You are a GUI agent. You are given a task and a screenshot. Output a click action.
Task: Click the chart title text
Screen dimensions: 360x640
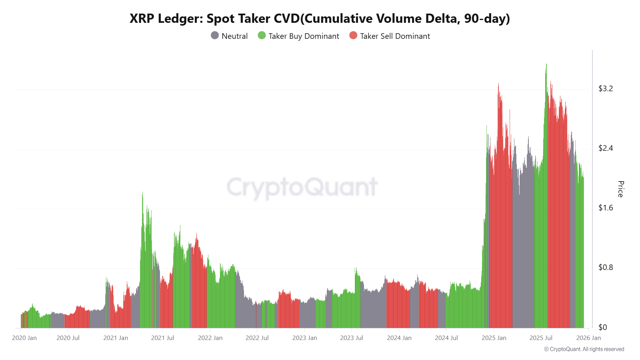click(320, 18)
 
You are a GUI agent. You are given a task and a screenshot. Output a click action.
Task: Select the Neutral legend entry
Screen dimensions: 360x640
click(229, 36)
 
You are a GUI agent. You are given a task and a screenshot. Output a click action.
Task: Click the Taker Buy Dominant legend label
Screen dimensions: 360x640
click(304, 36)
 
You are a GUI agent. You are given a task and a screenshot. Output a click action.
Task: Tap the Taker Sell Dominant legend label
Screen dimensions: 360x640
click(395, 36)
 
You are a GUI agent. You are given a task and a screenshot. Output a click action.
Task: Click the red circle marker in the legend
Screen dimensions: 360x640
click(353, 36)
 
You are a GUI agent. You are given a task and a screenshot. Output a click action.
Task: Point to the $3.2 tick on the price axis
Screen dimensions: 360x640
click(605, 89)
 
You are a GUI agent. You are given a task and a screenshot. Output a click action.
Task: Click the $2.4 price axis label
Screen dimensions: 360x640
click(605, 148)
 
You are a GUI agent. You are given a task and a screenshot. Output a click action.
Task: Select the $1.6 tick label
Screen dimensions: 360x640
click(605, 208)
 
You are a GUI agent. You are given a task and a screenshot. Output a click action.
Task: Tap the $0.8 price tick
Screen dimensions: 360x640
click(605, 268)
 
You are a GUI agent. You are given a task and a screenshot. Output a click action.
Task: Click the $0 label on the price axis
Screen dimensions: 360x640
click(602, 328)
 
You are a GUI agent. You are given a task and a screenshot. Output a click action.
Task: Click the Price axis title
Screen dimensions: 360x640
click(620, 189)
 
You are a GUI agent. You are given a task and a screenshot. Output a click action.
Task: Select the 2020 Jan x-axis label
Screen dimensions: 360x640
click(24, 338)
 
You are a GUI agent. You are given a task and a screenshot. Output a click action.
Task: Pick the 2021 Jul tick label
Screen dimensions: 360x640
click(162, 338)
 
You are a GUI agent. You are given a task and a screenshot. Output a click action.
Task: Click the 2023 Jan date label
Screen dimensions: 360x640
click(304, 338)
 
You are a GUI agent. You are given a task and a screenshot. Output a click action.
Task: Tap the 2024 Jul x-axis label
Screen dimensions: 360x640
click(446, 338)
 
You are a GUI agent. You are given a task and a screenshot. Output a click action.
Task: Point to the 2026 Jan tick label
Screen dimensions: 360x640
click(588, 338)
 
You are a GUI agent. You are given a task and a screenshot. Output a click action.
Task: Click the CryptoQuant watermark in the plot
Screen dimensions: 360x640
click(302, 187)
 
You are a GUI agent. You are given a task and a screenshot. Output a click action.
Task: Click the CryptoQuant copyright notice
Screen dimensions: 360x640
click(584, 349)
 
